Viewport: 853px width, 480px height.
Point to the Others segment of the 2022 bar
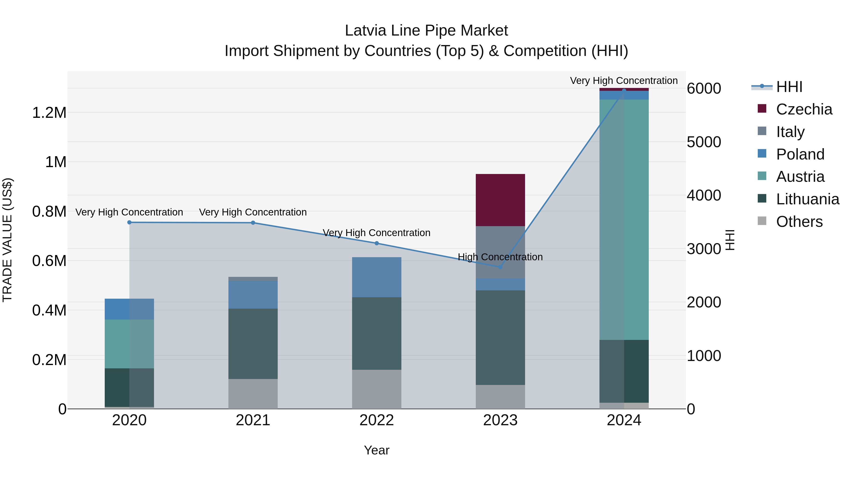(377, 389)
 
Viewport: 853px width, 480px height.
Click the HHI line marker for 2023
(500, 267)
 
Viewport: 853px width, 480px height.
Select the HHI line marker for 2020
(129, 222)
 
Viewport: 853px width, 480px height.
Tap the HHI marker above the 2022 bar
(377, 243)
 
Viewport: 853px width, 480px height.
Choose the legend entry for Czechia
(804, 109)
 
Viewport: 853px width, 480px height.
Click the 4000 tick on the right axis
(704, 196)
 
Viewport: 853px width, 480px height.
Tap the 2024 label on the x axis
(624, 420)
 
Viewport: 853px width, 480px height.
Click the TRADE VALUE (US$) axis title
(7, 240)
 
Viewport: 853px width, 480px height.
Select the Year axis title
(377, 450)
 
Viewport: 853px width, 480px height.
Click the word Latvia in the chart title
(366, 31)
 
